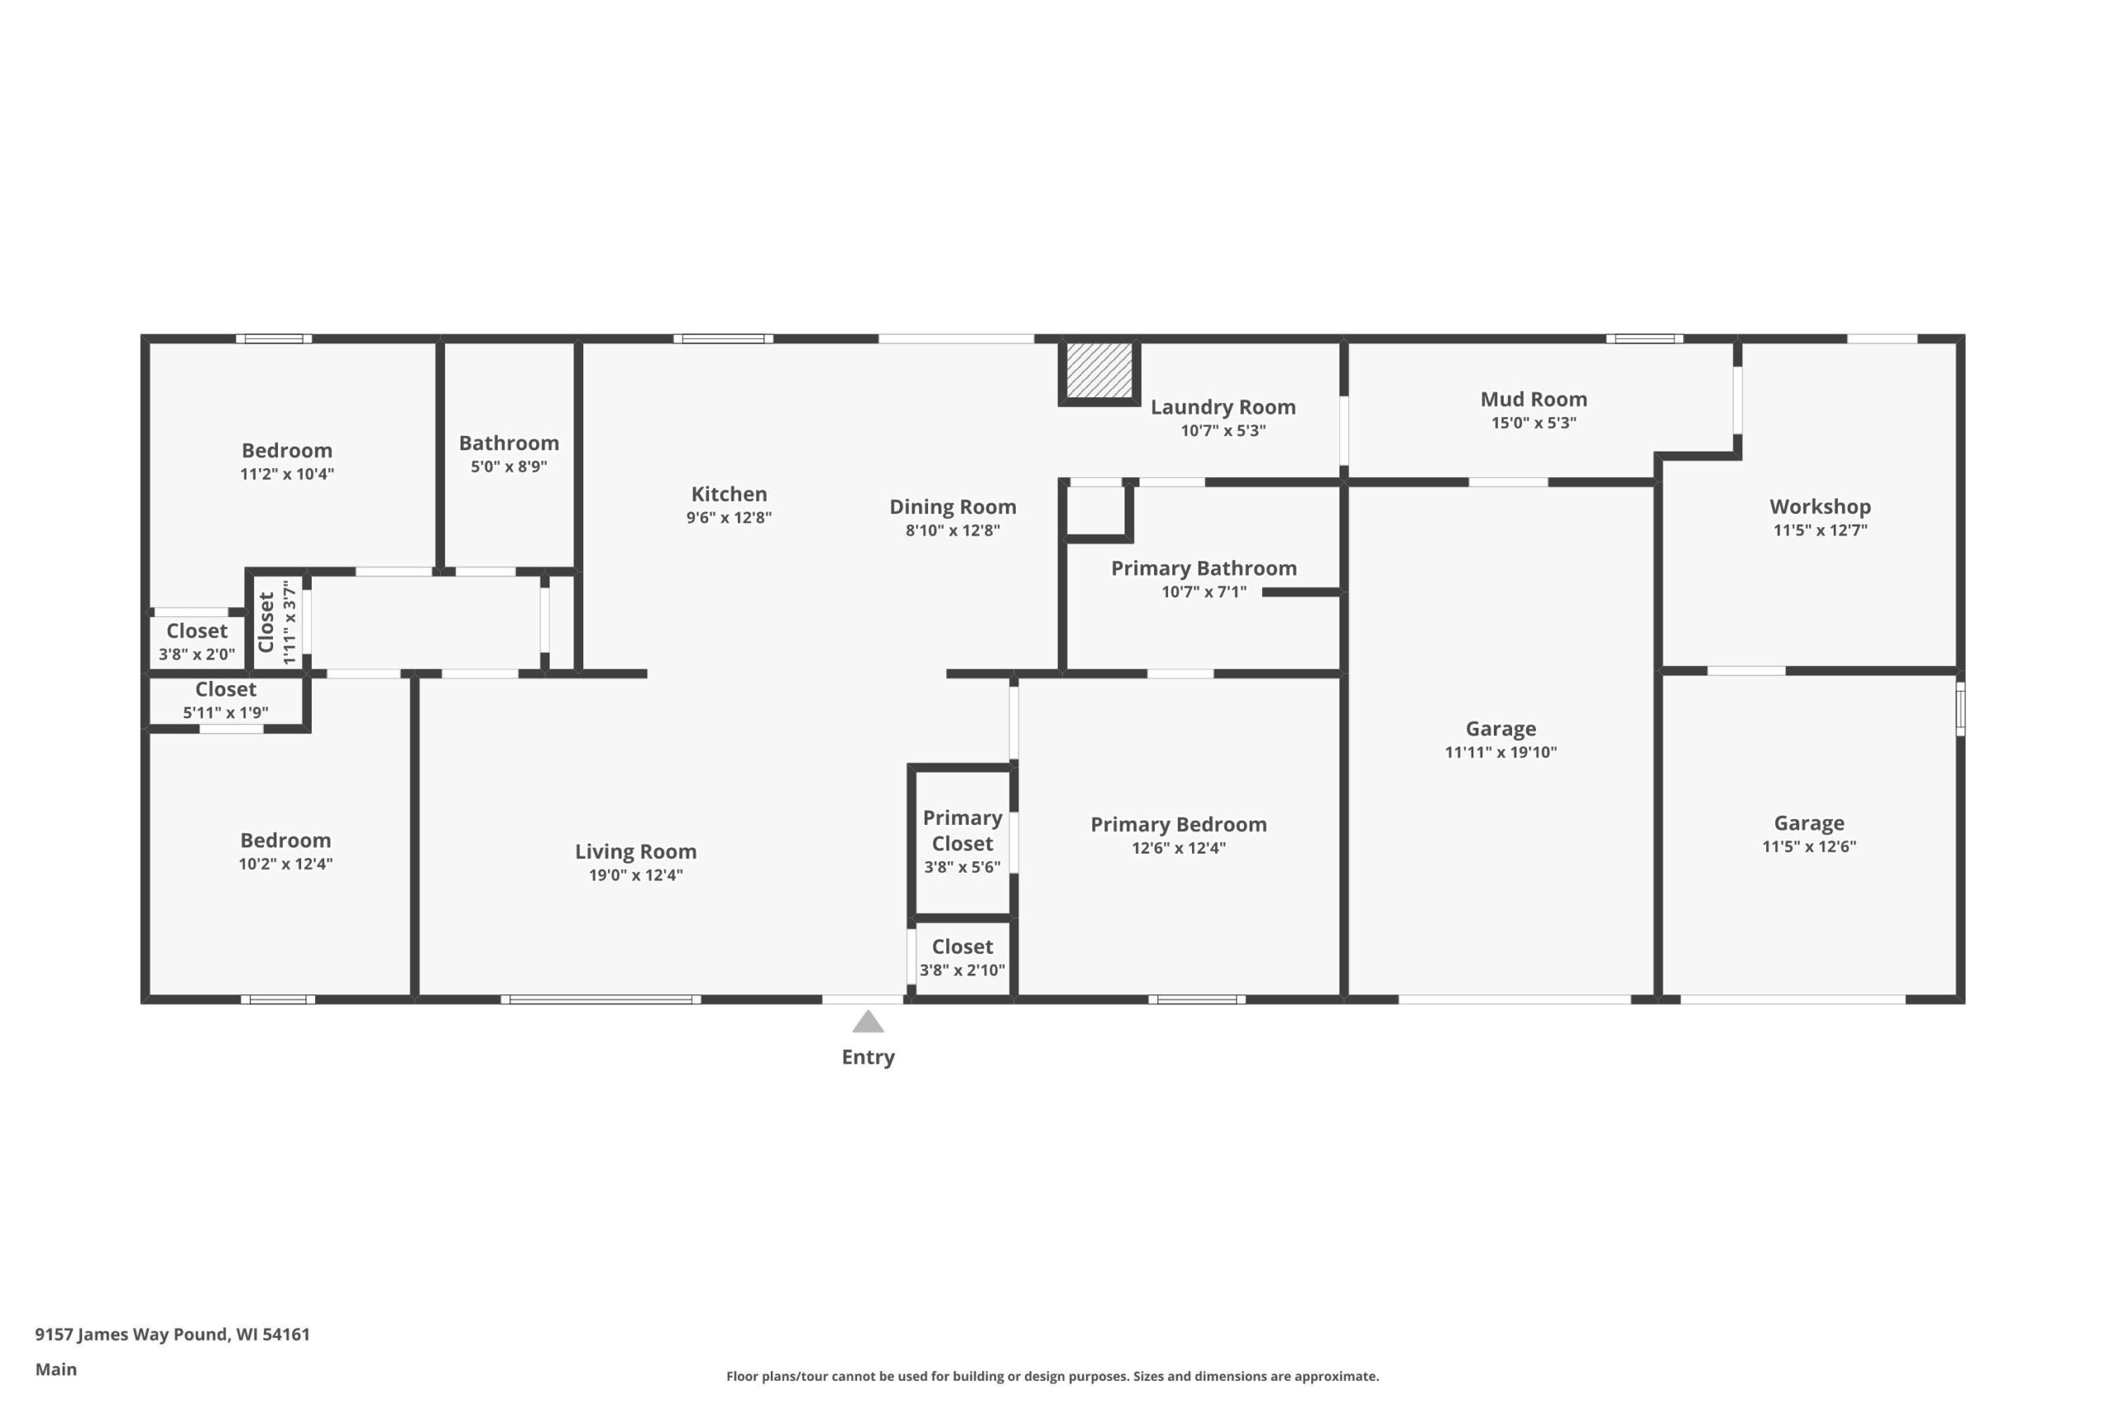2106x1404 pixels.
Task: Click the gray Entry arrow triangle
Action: [868, 1022]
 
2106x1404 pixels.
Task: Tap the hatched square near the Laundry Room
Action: [1099, 371]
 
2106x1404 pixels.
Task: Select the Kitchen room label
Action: [729, 493]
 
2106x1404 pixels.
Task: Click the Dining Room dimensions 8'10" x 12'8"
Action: [953, 530]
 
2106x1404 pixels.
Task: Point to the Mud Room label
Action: [1533, 400]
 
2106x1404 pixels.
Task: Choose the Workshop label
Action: [1821, 507]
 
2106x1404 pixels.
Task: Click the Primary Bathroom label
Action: [1204, 568]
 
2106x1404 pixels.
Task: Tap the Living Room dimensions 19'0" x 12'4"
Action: [636, 875]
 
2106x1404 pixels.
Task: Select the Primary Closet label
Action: [963, 830]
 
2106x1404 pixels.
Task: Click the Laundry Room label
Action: [1223, 407]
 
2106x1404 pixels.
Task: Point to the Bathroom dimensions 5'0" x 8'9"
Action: [508, 466]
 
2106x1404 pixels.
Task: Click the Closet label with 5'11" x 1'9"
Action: [225, 689]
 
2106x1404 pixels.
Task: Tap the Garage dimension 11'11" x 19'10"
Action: [1501, 752]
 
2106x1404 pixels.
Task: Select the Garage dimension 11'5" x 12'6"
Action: [1810, 846]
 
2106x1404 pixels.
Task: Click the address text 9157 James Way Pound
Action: [132, 1334]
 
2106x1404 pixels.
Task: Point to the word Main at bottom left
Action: [55, 1369]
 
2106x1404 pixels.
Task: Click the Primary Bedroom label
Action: [1178, 825]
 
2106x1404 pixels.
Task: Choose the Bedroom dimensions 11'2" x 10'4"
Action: [286, 474]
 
